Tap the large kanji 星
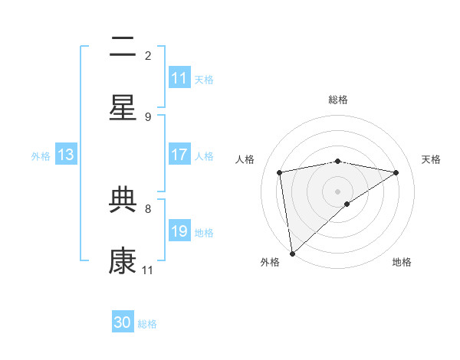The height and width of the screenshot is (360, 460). [123, 109]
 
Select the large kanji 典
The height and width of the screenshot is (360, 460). [123, 201]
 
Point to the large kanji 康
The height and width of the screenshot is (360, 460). [123, 262]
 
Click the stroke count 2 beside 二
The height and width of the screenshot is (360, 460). [148, 55]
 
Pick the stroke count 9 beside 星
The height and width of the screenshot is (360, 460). [148, 116]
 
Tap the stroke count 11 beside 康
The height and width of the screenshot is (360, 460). [148, 270]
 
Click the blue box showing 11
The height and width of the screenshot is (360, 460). [179, 78]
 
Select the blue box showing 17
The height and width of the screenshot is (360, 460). [179, 155]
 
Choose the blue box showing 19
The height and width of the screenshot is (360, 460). [179, 231]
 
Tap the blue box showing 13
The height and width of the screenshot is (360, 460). [66, 155]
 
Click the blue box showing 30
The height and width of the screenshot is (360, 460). [123, 322]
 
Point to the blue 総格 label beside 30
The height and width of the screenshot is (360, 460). [148, 324]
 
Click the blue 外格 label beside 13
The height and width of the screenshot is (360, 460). [41, 155]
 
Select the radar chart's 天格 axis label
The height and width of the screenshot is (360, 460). [431, 159]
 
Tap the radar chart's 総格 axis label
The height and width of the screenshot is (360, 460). [338, 100]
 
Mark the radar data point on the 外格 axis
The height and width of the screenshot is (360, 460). [292, 253]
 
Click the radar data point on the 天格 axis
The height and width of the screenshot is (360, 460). [396, 172]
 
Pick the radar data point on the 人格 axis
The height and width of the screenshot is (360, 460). [280, 172]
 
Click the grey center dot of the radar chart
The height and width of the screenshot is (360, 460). [338, 191]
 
